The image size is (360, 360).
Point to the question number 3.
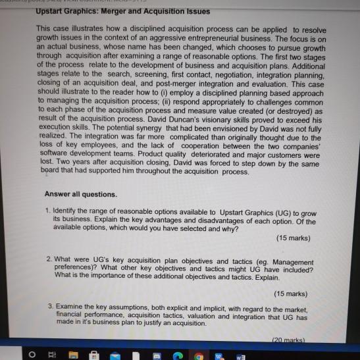pyautogui.click(x=49, y=307)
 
